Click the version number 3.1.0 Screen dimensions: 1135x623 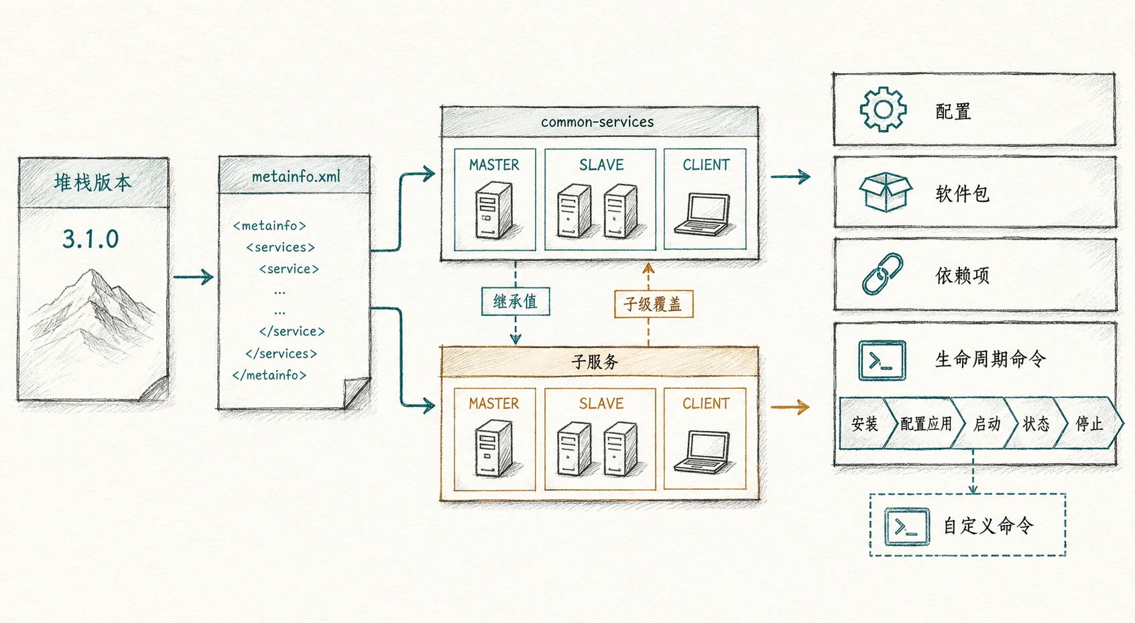[x=91, y=239]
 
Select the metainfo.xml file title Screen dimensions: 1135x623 [x=296, y=176]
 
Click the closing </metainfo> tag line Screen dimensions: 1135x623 [x=270, y=375]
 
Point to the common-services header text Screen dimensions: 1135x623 [x=597, y=122]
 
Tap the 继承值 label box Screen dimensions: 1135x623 [x=516, y=302]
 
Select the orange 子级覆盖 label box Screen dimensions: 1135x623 [x=653, y=304]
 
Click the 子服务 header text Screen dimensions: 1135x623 [x=595, y=362]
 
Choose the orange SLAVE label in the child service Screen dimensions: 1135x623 [x=601, y=404]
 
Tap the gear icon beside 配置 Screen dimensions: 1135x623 [x=883, y=109]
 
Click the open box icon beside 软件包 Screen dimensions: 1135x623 [x=885, y=192]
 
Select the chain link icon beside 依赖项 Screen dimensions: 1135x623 [x=883, y=274]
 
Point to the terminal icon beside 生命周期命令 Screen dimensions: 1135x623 [x=882, y=360]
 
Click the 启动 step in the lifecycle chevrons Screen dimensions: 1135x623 [x=987, y=424]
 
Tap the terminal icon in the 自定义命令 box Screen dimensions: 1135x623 [x=907, y=526]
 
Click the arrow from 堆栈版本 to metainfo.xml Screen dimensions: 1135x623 [x=194, y=277]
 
